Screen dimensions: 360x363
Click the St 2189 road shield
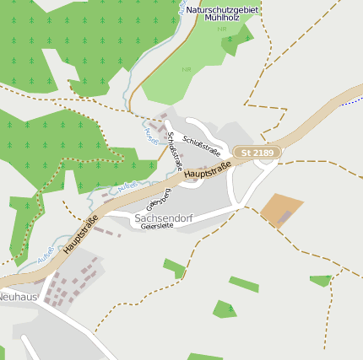(x=257, y=153)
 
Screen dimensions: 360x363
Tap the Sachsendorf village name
(x=164, y=218)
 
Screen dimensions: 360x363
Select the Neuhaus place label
(x=18, y=297)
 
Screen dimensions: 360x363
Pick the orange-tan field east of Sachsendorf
(x=281, y=209)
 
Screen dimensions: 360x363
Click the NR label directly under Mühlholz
(x=222, y=29)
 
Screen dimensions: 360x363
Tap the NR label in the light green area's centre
(x=187, y=69)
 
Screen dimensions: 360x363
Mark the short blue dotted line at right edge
(x=352, y=100)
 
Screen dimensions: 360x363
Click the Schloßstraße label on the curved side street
(x=201, y=146)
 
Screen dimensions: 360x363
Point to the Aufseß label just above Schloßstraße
(x=152, y=134)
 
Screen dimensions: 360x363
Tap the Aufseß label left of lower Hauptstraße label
(x=49, y=251)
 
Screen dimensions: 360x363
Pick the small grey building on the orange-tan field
(x=285, y=218)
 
